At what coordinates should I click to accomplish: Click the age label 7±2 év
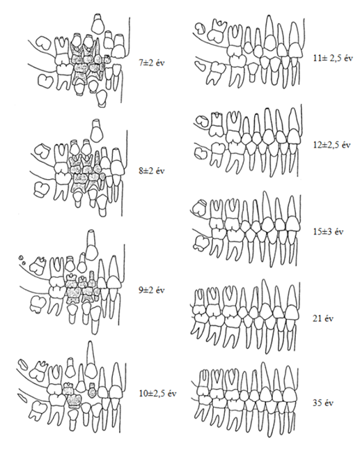152,62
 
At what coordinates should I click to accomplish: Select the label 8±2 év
152,171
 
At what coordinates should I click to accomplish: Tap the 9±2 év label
152,290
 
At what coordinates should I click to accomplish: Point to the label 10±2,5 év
158,394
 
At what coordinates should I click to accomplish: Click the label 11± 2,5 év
333,59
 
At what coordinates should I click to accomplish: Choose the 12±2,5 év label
331,145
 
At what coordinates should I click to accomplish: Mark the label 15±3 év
328,231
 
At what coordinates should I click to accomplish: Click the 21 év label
323,318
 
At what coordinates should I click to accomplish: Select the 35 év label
323,403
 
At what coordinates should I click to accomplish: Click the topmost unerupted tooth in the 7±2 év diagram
98,23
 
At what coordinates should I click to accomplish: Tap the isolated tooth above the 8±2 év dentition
96,130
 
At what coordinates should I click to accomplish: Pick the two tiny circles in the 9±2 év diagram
22,260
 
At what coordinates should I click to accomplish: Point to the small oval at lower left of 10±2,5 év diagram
22,397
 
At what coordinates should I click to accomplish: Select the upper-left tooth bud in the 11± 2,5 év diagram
200,28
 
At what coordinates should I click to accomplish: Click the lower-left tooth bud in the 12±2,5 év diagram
201,153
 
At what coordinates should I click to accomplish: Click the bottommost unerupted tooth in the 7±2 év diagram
101,99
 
